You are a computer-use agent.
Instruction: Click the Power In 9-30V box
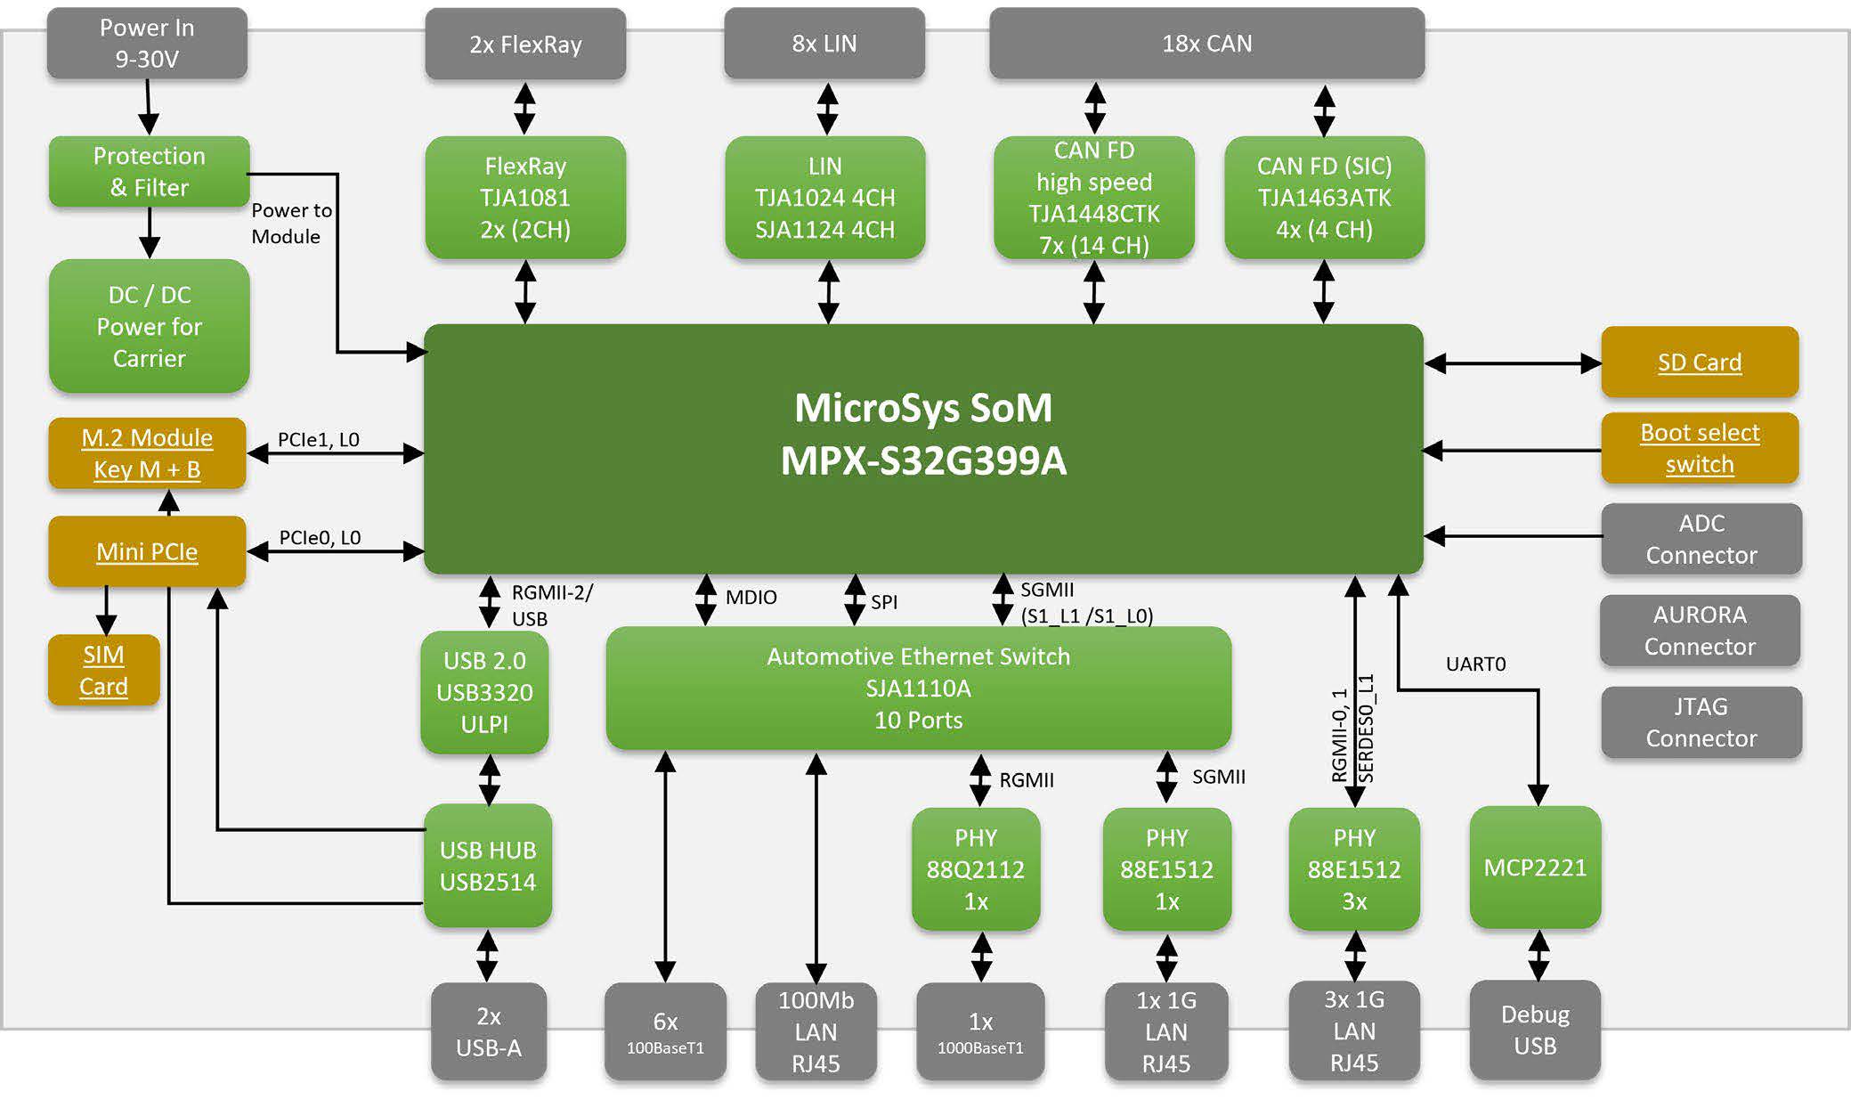coord(147,44)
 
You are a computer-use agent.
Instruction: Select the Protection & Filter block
coord(149,172)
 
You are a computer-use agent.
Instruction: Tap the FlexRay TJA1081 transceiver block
coord(525,198)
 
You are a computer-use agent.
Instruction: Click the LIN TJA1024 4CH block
coord(825,198)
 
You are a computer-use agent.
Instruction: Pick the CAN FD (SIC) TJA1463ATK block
coord(1325,198)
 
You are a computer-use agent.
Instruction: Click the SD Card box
coord(1700,363)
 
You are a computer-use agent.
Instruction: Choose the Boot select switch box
coord(1700,448)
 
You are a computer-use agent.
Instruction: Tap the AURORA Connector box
coord(1700,631)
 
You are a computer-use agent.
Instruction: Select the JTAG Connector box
coord(1701,722)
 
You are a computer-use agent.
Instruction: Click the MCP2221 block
coord(1535,868)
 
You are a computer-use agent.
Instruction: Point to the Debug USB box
coord(1535,1031)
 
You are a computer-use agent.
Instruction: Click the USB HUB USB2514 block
coord(488,866)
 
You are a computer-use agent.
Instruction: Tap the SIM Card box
coord(103,671)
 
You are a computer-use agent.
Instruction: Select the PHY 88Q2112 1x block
coord(976,869)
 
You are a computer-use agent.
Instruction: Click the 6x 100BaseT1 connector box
coord(665,1032)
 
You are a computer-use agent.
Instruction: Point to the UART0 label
coord(1475,664)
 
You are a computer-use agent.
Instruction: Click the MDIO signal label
coord(751,598)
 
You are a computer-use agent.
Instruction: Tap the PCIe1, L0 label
coord(318,439)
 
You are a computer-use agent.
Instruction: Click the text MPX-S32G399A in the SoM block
coord(923,461)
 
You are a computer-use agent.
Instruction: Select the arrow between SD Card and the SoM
coord(1513,363)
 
